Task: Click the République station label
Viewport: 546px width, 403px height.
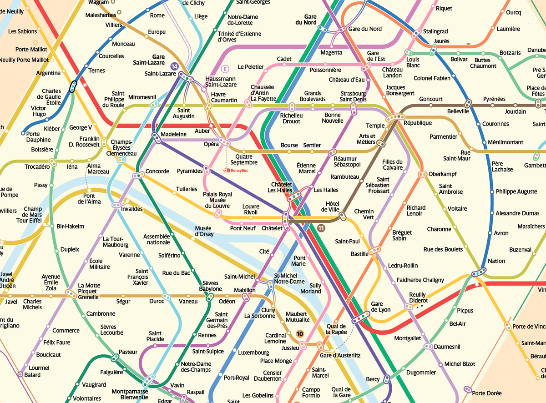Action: (418, 123)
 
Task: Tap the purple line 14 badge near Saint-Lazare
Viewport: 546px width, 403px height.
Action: (174, 67)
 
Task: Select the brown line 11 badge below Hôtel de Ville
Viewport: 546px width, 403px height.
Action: (322, 228)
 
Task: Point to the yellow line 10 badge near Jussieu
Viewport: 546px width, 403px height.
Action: (299, 334)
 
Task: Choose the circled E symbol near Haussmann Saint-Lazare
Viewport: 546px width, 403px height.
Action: (224, 69)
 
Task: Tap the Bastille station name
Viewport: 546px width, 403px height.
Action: (359, 254)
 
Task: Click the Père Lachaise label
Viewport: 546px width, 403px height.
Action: (502, 166)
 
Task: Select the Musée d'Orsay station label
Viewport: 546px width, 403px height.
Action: (204, 231)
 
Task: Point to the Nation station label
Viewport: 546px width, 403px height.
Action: (496, 261)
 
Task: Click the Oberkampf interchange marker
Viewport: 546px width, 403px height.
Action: (422, 174)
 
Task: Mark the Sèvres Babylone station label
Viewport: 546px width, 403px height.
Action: (210, 286)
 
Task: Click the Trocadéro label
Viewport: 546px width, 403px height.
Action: (37, 167)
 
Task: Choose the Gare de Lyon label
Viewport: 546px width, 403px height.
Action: (377, 307)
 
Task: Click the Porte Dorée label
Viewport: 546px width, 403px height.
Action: (487, 393)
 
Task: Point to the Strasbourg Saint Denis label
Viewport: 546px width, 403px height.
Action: (353, 96)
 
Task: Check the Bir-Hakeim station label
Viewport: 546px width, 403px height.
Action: (71, 226)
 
